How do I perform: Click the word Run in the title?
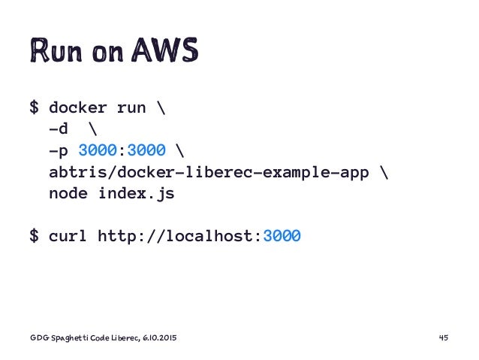tap(53, 50)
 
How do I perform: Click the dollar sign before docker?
tap(34, 108)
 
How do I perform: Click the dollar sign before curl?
tap(34, 237)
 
